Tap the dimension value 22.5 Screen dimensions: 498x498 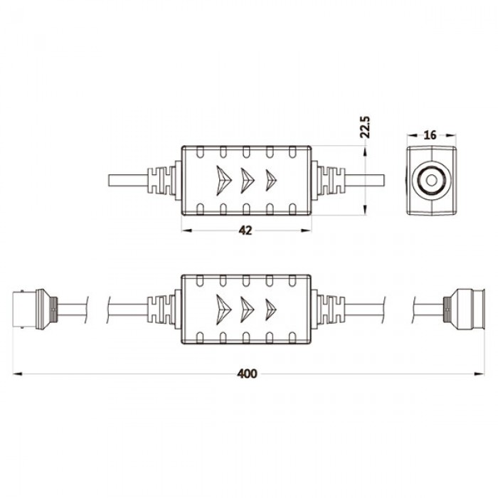tap(365, 126)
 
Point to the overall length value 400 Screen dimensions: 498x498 tap(246, 373)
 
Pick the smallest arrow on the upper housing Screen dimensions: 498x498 tap(270, 180)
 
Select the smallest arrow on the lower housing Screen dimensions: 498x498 tap(270, 308)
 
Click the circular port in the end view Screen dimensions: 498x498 tap(430, 180)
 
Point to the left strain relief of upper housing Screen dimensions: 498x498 tap(163, 181)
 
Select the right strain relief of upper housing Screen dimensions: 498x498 tap(329, 181)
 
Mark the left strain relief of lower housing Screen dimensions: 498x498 tap(163, 308)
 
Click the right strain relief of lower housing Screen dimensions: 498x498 tap(329, 308)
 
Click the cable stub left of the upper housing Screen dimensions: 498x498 tap(127, 181)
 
